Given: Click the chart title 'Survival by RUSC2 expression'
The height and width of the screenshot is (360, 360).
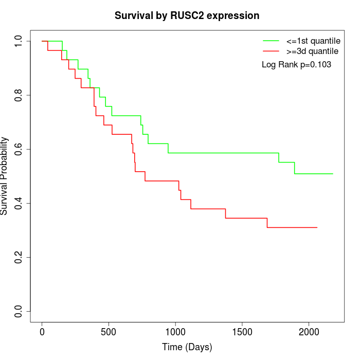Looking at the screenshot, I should point(187,16).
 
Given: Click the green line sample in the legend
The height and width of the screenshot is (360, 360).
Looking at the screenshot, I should point(271,40).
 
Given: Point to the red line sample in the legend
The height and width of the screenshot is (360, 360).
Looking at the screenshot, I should point(271,51).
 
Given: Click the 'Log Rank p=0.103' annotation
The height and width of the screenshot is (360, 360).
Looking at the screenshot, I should point(296,64).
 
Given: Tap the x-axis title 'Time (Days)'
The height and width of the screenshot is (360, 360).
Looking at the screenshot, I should point(187,347).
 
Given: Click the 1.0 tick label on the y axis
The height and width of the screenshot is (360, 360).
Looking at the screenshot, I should point(19,41).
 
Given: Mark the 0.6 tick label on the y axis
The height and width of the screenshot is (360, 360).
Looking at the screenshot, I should point(19,149).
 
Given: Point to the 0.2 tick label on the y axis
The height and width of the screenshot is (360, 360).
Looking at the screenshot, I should point(19,257).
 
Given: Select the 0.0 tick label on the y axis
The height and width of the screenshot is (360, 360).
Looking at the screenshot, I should point(19,311).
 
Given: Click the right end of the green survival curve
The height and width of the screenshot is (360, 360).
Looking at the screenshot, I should point(333,174).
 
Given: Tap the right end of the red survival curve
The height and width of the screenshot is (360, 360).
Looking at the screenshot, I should point(317,227).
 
